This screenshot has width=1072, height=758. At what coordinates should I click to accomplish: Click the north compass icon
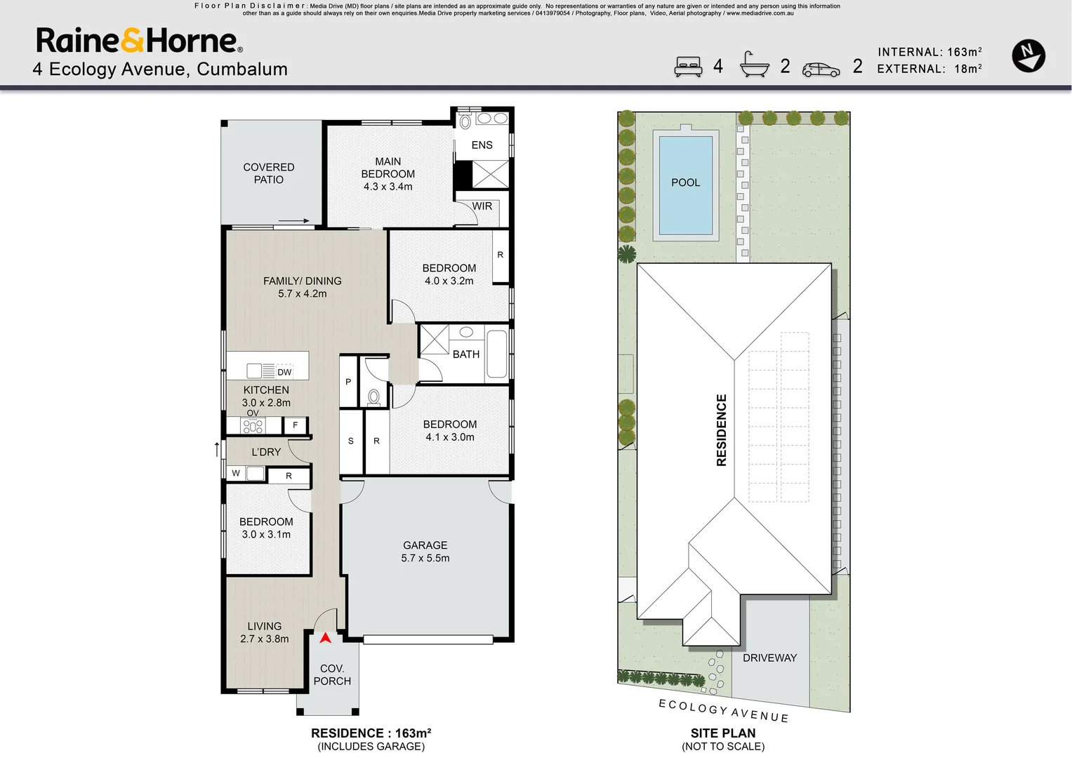pos(1028,56)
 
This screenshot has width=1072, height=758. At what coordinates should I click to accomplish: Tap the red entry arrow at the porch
pos(326,637)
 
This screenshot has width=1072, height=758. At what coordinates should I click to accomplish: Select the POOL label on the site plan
pos(685,182)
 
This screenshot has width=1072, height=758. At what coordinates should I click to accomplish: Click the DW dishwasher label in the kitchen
pos(284,372)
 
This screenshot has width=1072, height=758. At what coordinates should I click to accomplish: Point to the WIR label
pos(482,206)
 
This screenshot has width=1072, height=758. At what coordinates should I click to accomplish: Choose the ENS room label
pos(482,145)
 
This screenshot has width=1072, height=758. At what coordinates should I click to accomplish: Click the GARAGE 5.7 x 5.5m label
pos(425,551)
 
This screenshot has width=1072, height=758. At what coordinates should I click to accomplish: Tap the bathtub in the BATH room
pos(497,354)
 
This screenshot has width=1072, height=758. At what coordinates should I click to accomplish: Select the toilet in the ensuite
pos(465,121)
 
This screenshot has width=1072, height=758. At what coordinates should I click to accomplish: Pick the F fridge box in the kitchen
pos(296,425)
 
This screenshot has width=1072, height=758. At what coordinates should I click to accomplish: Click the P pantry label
pos(348,382)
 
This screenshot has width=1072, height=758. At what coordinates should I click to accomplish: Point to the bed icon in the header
pos(688,67)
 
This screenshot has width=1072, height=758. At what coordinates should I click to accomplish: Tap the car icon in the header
pos(821,70)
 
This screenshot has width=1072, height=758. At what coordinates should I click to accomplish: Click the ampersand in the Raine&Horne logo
pos(132,40)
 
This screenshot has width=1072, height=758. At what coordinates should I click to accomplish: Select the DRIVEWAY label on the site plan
pos(769,658)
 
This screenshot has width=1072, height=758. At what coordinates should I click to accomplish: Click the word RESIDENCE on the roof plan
pos(722,430)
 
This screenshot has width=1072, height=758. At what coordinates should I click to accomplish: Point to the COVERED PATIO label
pos(268,173)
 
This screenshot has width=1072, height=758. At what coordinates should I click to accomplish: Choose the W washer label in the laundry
pos(236,473)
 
